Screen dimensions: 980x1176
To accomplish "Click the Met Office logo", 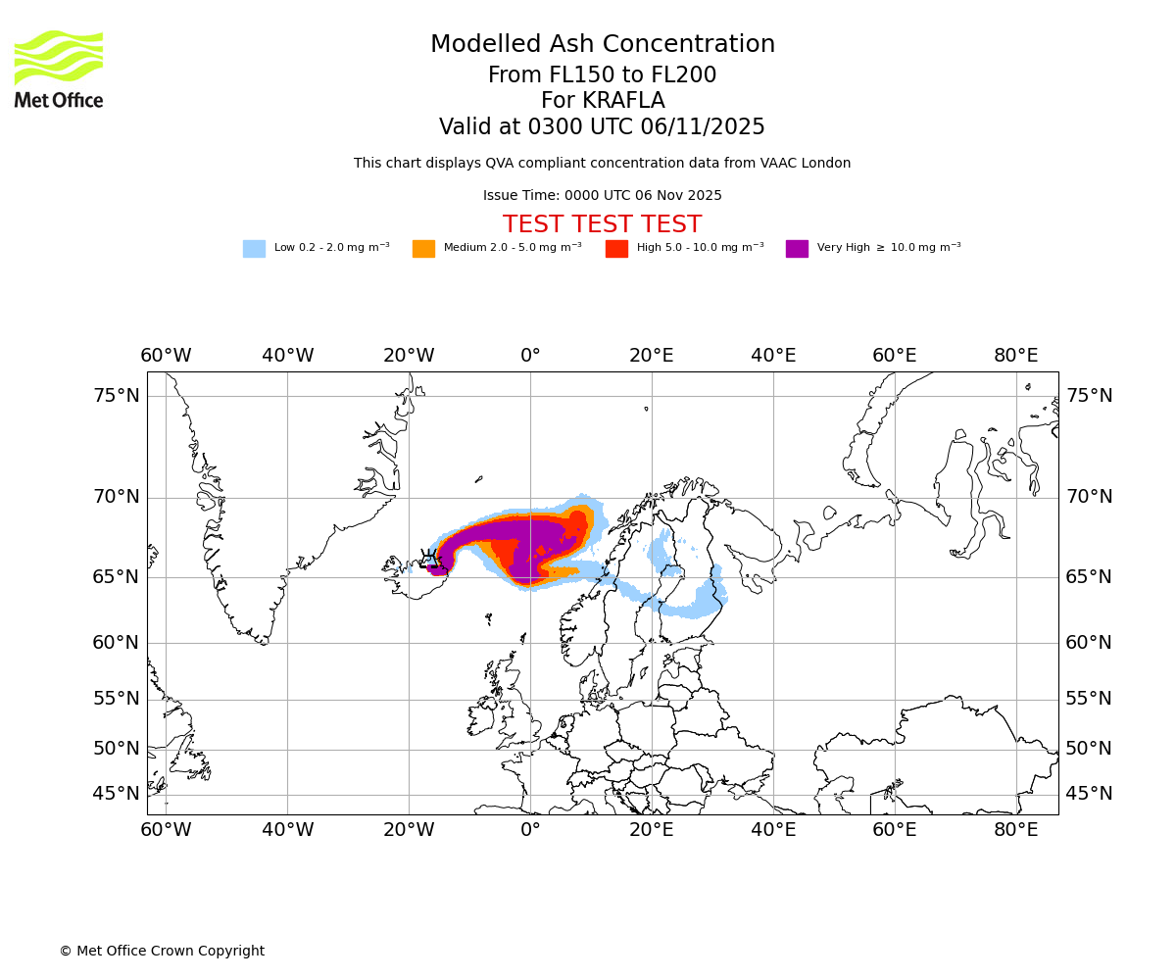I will coord(59,69).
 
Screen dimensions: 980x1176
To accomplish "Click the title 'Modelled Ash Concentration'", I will coord(602,45).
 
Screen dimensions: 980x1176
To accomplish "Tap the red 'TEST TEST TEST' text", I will coord(602,224).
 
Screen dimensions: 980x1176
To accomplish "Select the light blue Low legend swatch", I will coord(254,248).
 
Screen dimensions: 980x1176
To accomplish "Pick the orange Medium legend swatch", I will coord(423,248).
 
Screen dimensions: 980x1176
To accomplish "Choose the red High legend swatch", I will coord(616,248).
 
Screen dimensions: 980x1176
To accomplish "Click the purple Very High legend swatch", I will coord(797,248).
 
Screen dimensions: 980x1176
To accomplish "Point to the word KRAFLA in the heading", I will coord(623,101).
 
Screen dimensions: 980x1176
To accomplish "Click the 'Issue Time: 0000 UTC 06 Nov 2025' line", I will coord(602,196).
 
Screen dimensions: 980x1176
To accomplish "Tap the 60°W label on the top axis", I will coord(166,355).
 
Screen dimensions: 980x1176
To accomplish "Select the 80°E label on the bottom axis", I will coord(1016,830).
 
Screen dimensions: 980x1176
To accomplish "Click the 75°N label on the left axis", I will coord(117,396).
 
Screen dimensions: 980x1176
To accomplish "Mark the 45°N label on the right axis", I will coord(1089,794).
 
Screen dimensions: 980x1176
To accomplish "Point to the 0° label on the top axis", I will coord(530,355).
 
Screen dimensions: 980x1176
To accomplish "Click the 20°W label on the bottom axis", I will coord(409,830).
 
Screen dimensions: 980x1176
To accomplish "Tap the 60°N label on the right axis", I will coord(1089,643).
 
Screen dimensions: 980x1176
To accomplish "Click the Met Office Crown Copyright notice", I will coord(162,951).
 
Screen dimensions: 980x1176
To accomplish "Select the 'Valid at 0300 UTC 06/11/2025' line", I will coord(602,127).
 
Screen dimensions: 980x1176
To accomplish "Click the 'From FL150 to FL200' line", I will coord(602,75).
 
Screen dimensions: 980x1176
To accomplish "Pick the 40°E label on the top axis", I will coord(773,355).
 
